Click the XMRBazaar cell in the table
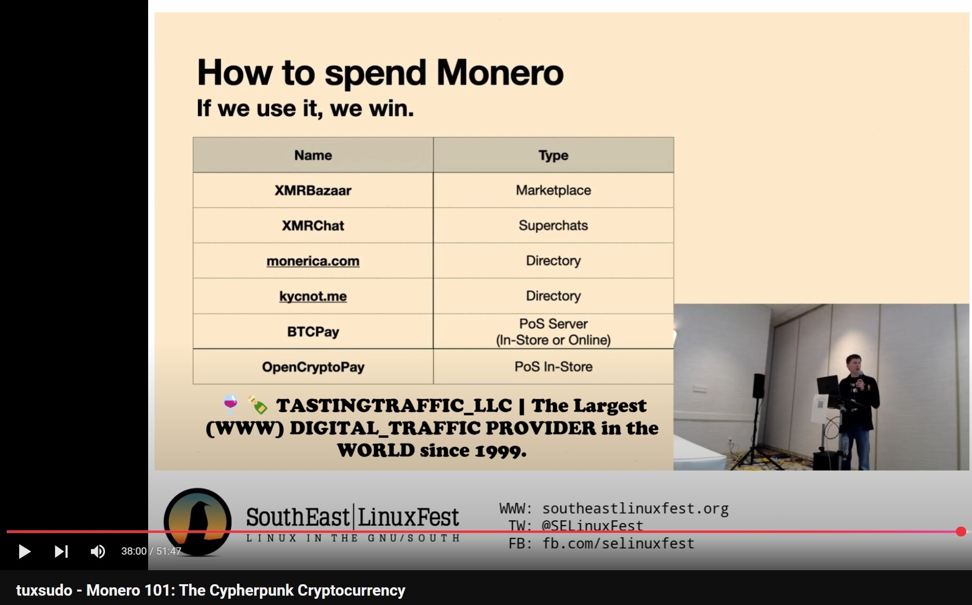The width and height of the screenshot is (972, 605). pos(313,190)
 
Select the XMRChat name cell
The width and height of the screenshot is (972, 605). pos(313,225)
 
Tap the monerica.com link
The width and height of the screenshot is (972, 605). pos(313,261)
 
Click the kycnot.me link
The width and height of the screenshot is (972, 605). pos(313,296)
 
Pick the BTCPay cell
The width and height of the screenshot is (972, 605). pos(313,331)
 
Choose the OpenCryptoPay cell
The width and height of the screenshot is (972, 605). pos(313,367)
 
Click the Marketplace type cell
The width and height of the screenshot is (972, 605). pos(553,190)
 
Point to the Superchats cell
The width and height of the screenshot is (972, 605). pos(553,225)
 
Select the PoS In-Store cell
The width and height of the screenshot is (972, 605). pos(553,367)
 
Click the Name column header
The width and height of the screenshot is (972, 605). pos(313,155)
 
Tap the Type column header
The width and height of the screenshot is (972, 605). pos(553,155)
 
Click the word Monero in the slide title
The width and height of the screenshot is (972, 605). pos(500,72)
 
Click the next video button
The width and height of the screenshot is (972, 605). pos(61,551)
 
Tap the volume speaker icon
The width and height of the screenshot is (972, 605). pos(98,551)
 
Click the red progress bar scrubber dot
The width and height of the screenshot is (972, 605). pos(961,532)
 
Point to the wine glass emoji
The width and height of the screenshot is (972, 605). pos(230,405)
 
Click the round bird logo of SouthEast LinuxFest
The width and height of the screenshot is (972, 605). pos(198,522)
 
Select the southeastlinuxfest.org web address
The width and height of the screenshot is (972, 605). pos(635,509)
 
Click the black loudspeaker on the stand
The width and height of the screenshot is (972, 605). pos(759,386)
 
